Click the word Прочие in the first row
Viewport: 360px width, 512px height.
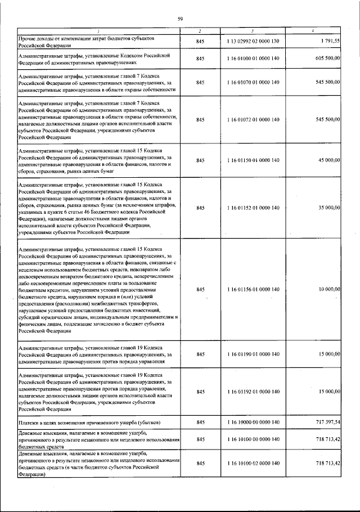click(28, 38)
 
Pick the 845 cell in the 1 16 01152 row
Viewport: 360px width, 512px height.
click(200, 208)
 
